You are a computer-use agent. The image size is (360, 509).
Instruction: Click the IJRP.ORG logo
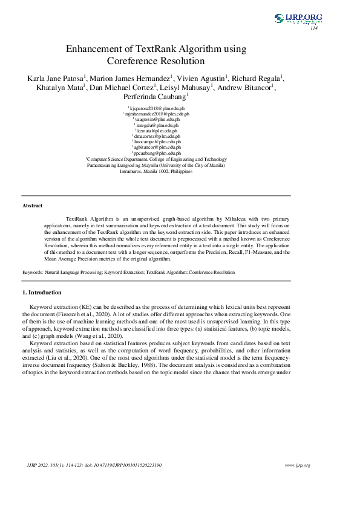click(298, 18)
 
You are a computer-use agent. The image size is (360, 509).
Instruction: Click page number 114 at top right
click(313, 28)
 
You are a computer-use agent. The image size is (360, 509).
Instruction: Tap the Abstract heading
click(32, 206)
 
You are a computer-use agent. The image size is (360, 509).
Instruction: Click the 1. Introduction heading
click(42, 293)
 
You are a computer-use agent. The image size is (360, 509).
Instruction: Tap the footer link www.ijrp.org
click(297, 465)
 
